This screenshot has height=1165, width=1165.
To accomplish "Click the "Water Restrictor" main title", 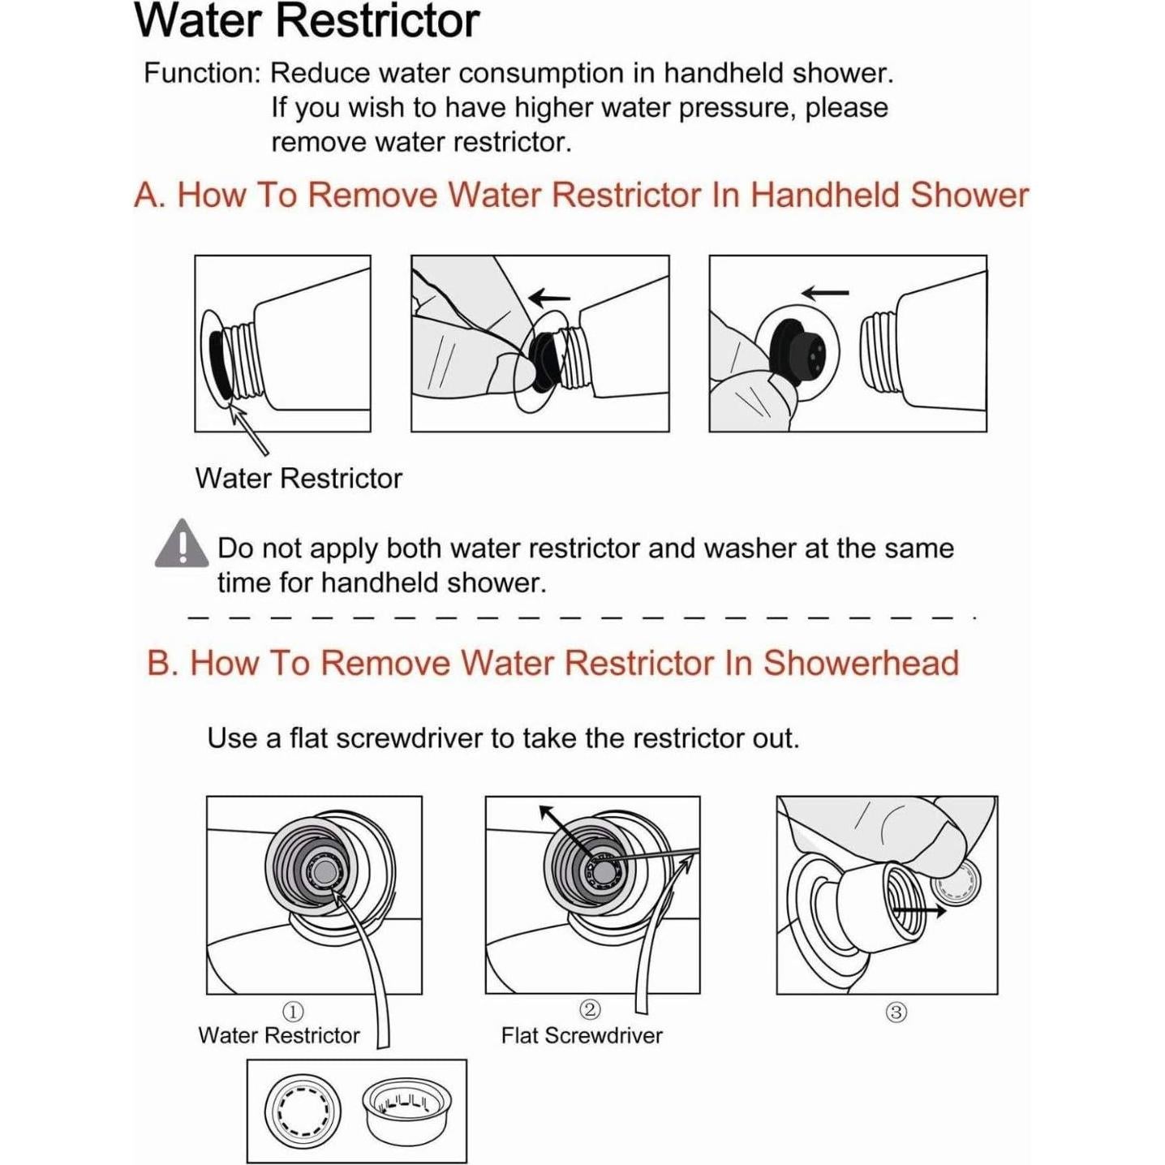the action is click(x=307, y=22).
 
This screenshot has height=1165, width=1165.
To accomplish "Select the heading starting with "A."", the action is click(x=581, y=196).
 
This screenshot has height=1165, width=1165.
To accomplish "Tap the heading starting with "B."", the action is click(x=553, y=662).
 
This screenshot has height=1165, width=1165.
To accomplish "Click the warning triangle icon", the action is click(x=182, y=544).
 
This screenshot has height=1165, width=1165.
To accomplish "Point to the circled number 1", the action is click(x=293, y=1012).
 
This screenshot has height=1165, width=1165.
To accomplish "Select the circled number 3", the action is click(x=896, y=1012).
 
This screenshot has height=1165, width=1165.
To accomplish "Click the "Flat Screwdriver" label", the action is click(x=582, y=1036).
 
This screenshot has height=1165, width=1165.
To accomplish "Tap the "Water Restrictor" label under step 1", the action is click(x=279, y=1035).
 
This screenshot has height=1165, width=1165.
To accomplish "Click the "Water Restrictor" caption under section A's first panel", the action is click(x=299, y=479).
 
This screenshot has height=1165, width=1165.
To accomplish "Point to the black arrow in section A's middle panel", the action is click(x=549, y=297).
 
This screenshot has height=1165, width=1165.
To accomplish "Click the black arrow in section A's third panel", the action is click(x=825, y=293).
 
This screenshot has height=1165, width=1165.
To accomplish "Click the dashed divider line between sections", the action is click(x=582, y=618).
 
